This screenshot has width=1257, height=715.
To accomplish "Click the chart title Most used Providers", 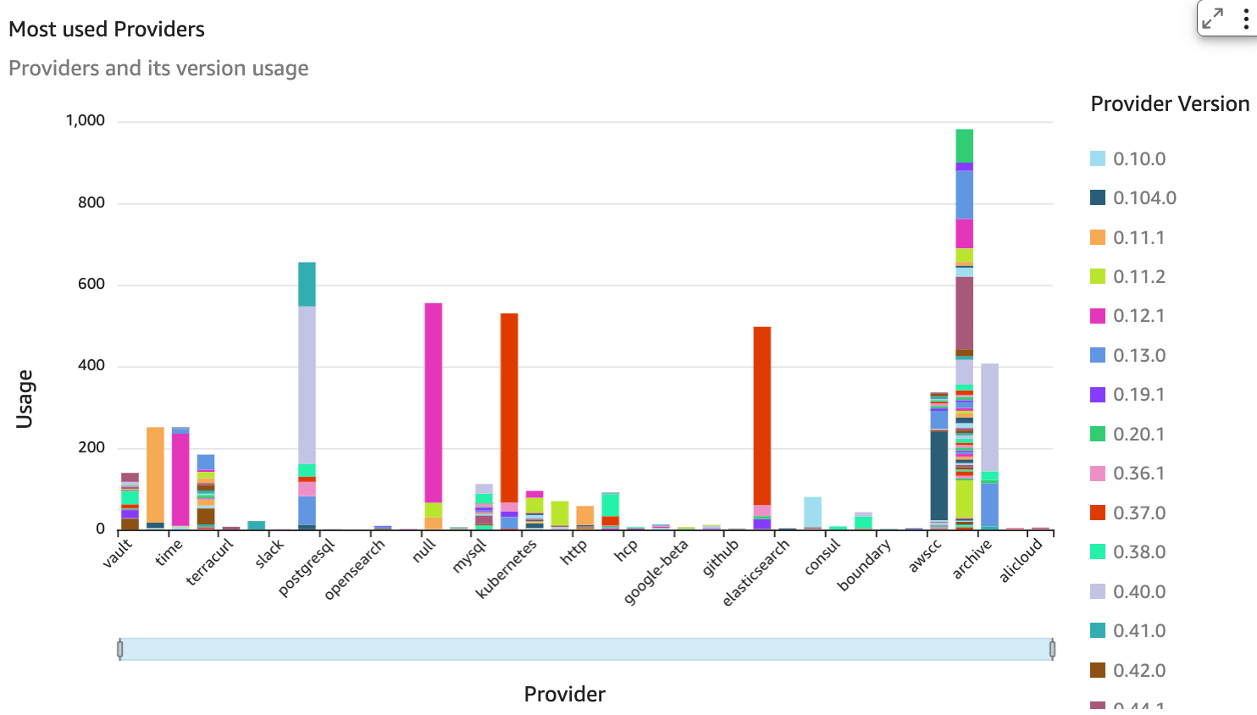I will coord(107,30).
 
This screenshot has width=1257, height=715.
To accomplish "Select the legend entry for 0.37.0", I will coord(1139,513).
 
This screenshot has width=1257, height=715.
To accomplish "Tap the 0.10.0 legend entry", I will coord(1139,158).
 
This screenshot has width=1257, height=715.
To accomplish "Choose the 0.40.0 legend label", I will coord(1139,591).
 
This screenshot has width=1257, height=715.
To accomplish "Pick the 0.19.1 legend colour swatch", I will coord(1098,395).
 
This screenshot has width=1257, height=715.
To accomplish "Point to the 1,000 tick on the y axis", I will coord(86,120).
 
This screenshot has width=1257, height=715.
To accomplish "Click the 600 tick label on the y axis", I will coord(91,284).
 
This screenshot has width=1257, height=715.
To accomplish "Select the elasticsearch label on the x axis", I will coord(756,573).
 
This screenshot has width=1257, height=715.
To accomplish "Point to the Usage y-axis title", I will coord(25,398).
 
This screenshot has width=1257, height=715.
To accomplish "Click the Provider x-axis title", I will coord(564,694).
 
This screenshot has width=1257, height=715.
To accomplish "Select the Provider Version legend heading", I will coord(1170,104).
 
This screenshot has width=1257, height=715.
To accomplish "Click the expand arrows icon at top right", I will coord(1213,19).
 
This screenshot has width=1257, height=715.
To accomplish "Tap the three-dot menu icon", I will coord(1245,19).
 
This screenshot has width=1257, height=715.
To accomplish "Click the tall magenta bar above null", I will coord(433,398).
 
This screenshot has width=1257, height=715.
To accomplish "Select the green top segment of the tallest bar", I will coord(964,145).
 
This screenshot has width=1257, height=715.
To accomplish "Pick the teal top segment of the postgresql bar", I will coord(307,284).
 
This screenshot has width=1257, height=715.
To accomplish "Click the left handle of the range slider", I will coord(120,649).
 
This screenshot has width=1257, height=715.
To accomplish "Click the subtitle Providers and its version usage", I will coord(158,69).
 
